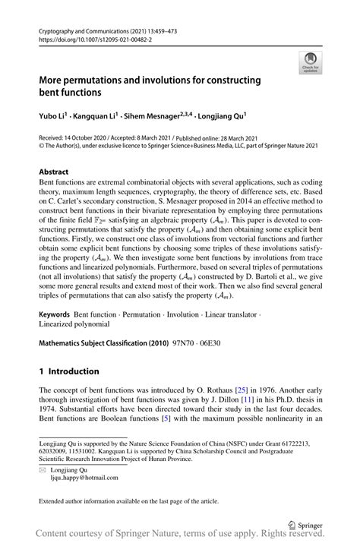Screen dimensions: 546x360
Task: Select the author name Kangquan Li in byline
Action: (x=105, y=115)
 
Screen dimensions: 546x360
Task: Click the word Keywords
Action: (x=58, y=314)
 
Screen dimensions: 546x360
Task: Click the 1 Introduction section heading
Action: (x=69, y=371)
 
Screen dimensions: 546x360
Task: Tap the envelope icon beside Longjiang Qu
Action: (x=43, y=471)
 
